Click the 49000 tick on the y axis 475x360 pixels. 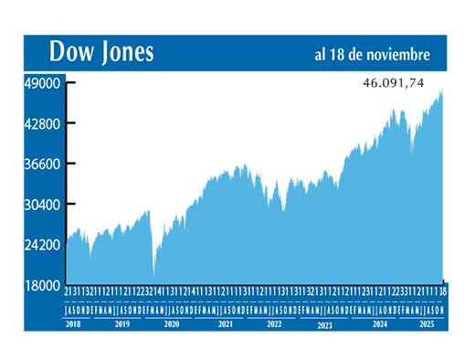[41, 83]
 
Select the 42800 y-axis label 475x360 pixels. [41, 123]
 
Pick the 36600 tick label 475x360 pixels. [41, 164]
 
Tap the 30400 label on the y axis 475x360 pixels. [41, 205]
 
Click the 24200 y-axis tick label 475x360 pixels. [41, 245]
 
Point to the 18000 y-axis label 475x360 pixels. [41, 286]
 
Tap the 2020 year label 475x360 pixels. [171, 323]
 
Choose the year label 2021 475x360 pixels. [225, 323]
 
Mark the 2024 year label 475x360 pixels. [378, 323]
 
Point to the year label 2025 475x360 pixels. [425, 323]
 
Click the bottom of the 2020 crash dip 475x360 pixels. [153, 274]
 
